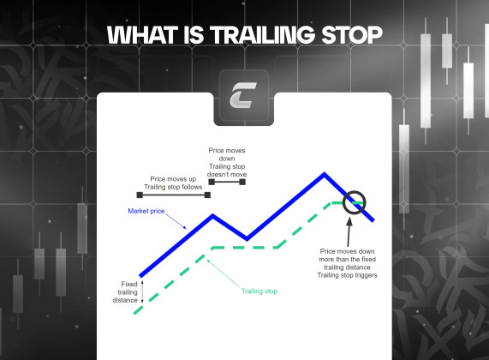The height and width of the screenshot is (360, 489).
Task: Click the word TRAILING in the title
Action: pyautogui.click(x=271, y=35)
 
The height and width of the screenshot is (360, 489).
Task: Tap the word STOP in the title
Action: pyautogui.click(x=352, y=35)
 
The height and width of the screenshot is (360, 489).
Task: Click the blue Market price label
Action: pyautogui.click(x=146, y=210)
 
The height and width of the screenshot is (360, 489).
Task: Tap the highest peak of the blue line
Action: pyautogui.click(x=324, y=176)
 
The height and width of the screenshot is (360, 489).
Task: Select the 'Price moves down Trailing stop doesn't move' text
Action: pyautogui.click(x=228, y=161)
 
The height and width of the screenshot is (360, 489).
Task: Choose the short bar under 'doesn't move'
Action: pyautogui.click(x=228, y=182)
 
